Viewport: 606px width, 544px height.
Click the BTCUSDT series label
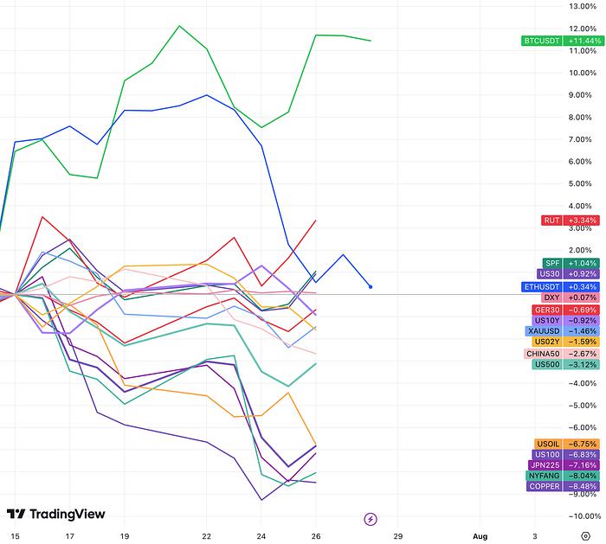pos(543,41)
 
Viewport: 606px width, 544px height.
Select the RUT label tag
pos(551,221)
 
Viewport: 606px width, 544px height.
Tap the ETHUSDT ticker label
pos(543,286)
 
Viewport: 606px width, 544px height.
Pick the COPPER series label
pos(545,486)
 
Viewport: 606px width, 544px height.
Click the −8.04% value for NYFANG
pos(581,475)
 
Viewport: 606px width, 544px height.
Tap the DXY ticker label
pos(551,298)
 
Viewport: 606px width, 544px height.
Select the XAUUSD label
pos(544,330)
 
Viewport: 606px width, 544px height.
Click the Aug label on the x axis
pos(480,535)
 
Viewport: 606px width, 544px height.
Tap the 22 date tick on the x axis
pos(206,535)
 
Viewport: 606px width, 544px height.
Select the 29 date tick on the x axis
pos(397,535)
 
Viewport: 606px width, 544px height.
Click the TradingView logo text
pos(67,515)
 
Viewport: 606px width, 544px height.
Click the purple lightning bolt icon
pos(371,519)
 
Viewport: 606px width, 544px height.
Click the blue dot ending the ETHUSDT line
pos(371,286)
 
